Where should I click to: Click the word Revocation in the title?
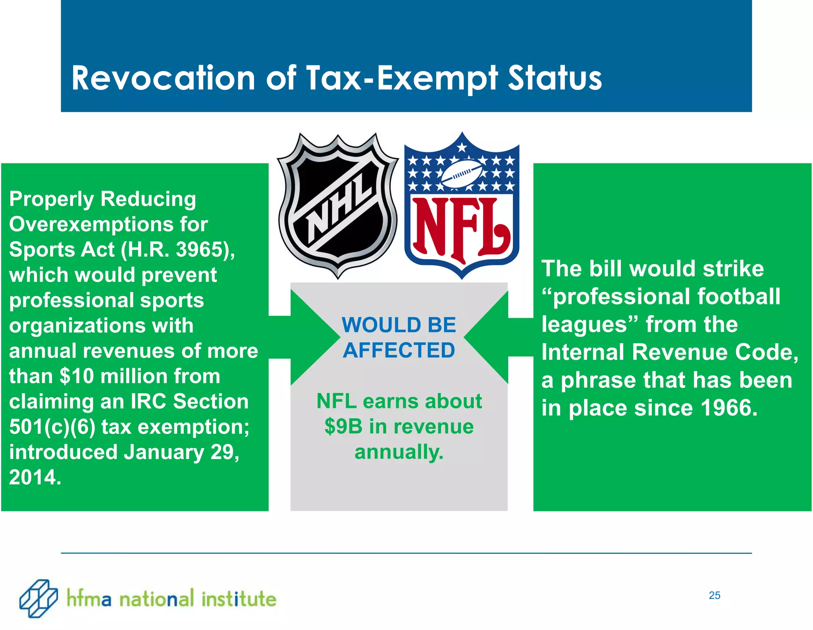163,78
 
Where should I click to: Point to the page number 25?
714,595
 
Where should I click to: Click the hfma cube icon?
39,598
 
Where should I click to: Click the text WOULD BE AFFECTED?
399,337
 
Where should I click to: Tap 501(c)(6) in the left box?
52,427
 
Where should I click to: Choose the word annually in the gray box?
399,452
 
